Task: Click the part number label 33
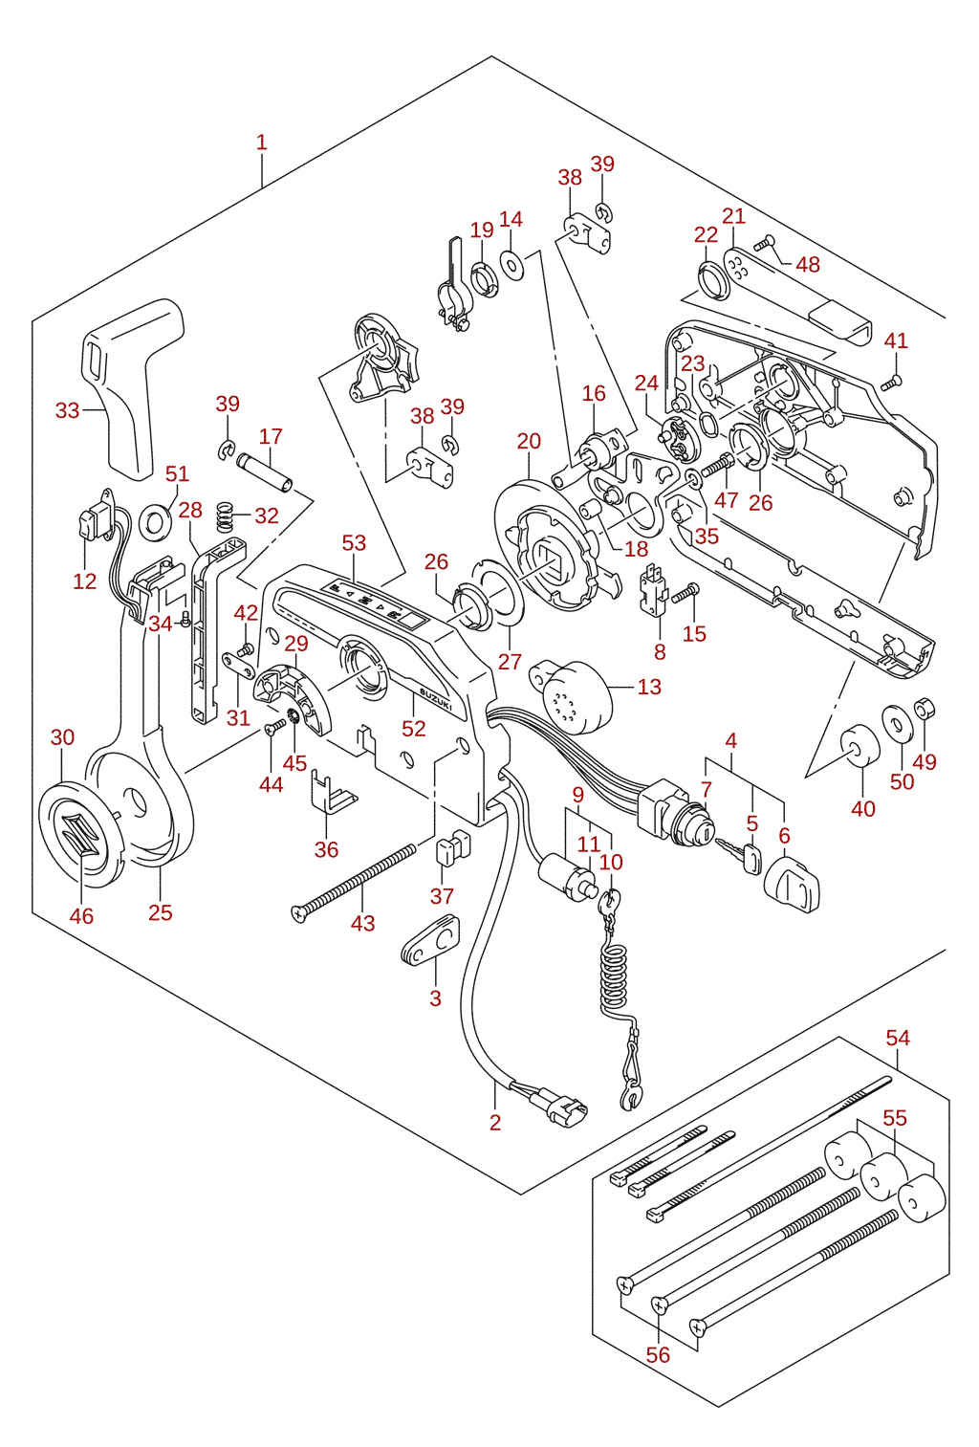67,410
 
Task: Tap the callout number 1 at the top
262,143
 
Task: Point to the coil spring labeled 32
224,516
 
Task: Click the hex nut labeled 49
925,709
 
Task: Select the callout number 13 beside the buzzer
649,686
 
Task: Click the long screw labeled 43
353,883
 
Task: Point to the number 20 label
529,441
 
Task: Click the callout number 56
658,1354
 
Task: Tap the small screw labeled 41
891,384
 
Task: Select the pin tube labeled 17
265,472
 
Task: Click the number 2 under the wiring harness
495,1122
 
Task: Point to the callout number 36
326,849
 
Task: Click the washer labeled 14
512,264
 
